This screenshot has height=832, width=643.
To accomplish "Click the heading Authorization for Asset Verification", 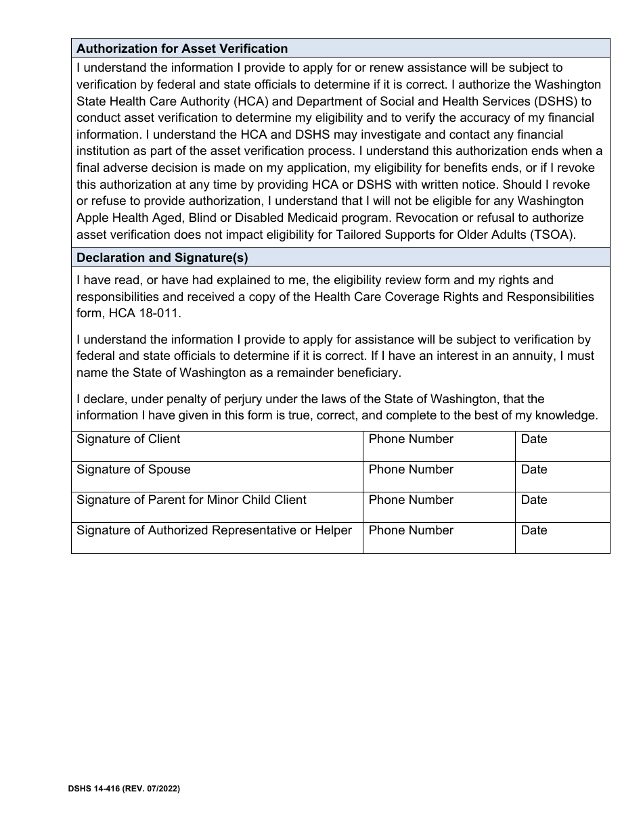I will click(182, 49).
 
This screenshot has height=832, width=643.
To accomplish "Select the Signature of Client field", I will click(217, 447).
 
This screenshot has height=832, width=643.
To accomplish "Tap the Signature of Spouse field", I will click(217, 478).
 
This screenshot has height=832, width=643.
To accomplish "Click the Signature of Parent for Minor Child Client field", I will click(217, 508).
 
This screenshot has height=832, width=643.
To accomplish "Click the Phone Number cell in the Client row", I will click(439, 447).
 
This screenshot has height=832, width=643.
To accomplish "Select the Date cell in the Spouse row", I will click(562, 478).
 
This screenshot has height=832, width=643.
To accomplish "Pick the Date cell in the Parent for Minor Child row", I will click(562, 508).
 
